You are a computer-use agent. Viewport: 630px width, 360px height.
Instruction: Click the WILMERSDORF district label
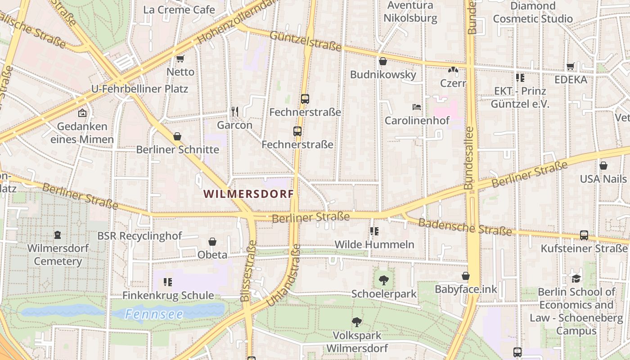(x=248, y=194)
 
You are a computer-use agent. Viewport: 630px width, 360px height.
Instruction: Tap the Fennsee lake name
(x=154, y=314)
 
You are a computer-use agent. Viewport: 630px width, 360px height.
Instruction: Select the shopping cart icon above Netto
(x=180, y=58)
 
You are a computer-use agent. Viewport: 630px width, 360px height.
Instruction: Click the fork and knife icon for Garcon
(x=234, y=111)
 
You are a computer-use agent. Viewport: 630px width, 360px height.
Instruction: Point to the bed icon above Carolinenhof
(x=417, y=107)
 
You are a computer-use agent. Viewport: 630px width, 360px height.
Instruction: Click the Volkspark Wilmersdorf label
(x=357, y=342)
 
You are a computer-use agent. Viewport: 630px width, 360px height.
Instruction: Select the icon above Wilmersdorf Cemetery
(x=58, y=235)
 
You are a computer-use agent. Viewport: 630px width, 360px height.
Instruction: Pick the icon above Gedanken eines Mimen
(x=82, y=113)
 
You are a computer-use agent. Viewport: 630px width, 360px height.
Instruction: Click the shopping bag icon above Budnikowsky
(x=383, y=61)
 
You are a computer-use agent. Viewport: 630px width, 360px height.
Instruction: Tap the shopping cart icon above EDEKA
(x=571, y=67)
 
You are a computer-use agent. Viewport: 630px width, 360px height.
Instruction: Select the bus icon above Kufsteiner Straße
(x=584, y=235)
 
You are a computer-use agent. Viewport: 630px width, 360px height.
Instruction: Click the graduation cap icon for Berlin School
(x=576, y=278)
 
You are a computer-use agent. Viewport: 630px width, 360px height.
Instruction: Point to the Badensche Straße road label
(x=465, y=227)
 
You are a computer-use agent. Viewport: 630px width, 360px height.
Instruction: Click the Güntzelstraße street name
(x=306, y=41)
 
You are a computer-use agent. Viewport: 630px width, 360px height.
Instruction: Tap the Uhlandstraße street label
(x=283, y=275)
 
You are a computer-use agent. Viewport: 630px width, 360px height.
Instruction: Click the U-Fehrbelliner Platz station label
(x=139, y=89)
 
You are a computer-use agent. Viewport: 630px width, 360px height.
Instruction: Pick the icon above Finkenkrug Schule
(x=168, y=282)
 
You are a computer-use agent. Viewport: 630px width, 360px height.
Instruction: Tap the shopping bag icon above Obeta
(x=212, y=242)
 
